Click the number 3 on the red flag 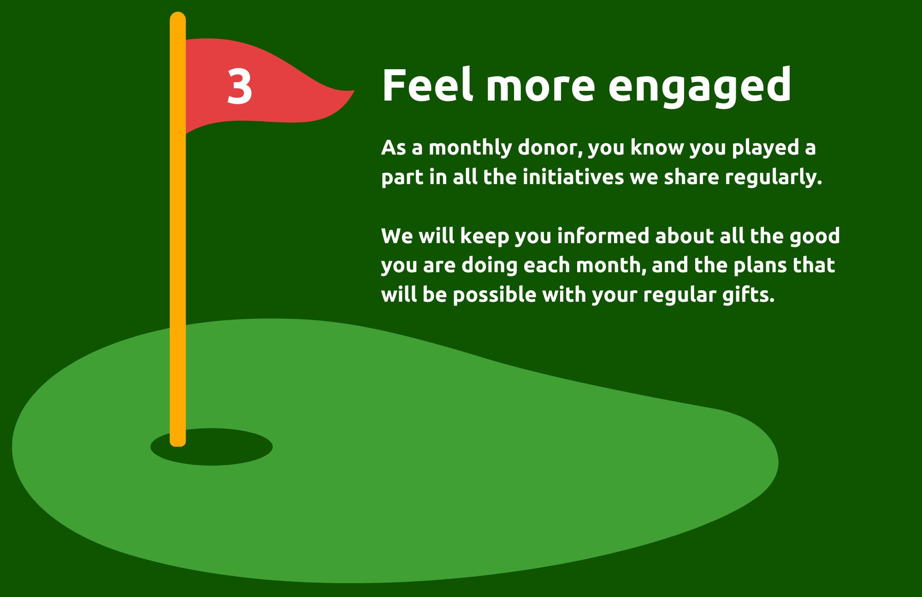coord(240,86)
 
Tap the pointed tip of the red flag coord(354,91)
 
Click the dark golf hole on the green coord(212,447)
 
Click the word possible coord(494,296)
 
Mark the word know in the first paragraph coord(657,148)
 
